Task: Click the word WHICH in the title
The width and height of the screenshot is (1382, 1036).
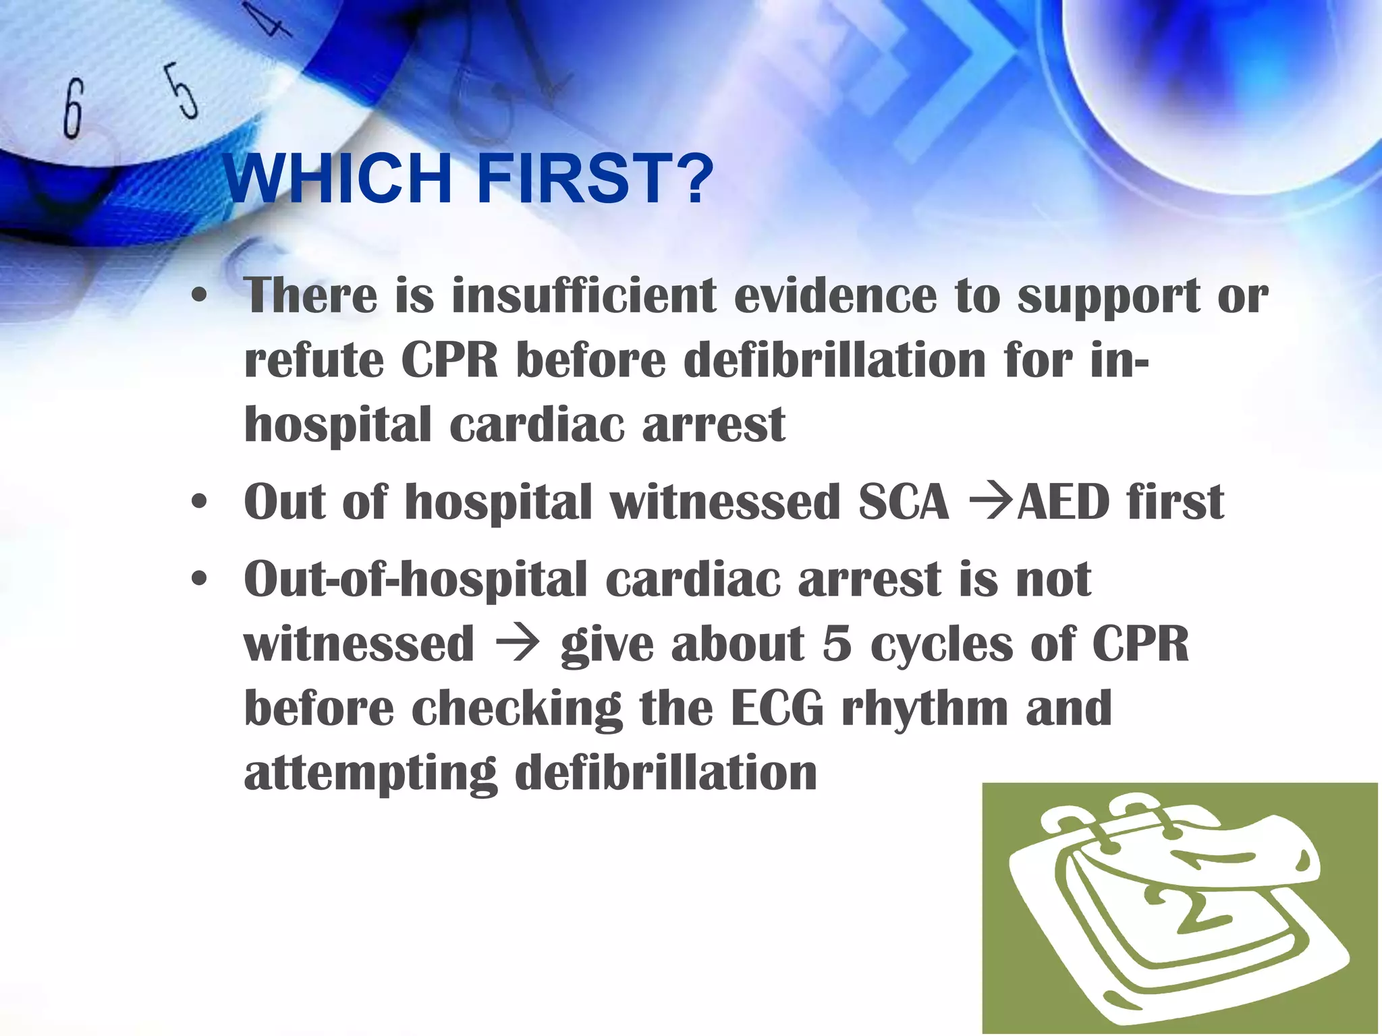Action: pyautogui.click(x=337, y=179)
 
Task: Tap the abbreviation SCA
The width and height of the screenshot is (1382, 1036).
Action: pyautogui.click(x=904, y=502)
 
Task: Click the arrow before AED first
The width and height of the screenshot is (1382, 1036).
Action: pyautogui.click(x=991, y=502)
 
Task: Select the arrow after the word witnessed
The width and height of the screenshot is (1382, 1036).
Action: pyautogui.click(x=517, y=644)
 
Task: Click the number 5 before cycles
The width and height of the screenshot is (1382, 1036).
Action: pyautogui.click(x=837, y=644)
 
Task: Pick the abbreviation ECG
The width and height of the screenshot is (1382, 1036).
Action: pyautogui.click(x=777, y=708)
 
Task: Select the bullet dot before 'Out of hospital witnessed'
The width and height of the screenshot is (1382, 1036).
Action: pyautogui.click(x=198, y=502)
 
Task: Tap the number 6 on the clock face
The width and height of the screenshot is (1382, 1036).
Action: pyautogui.click(x=74, y=108)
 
